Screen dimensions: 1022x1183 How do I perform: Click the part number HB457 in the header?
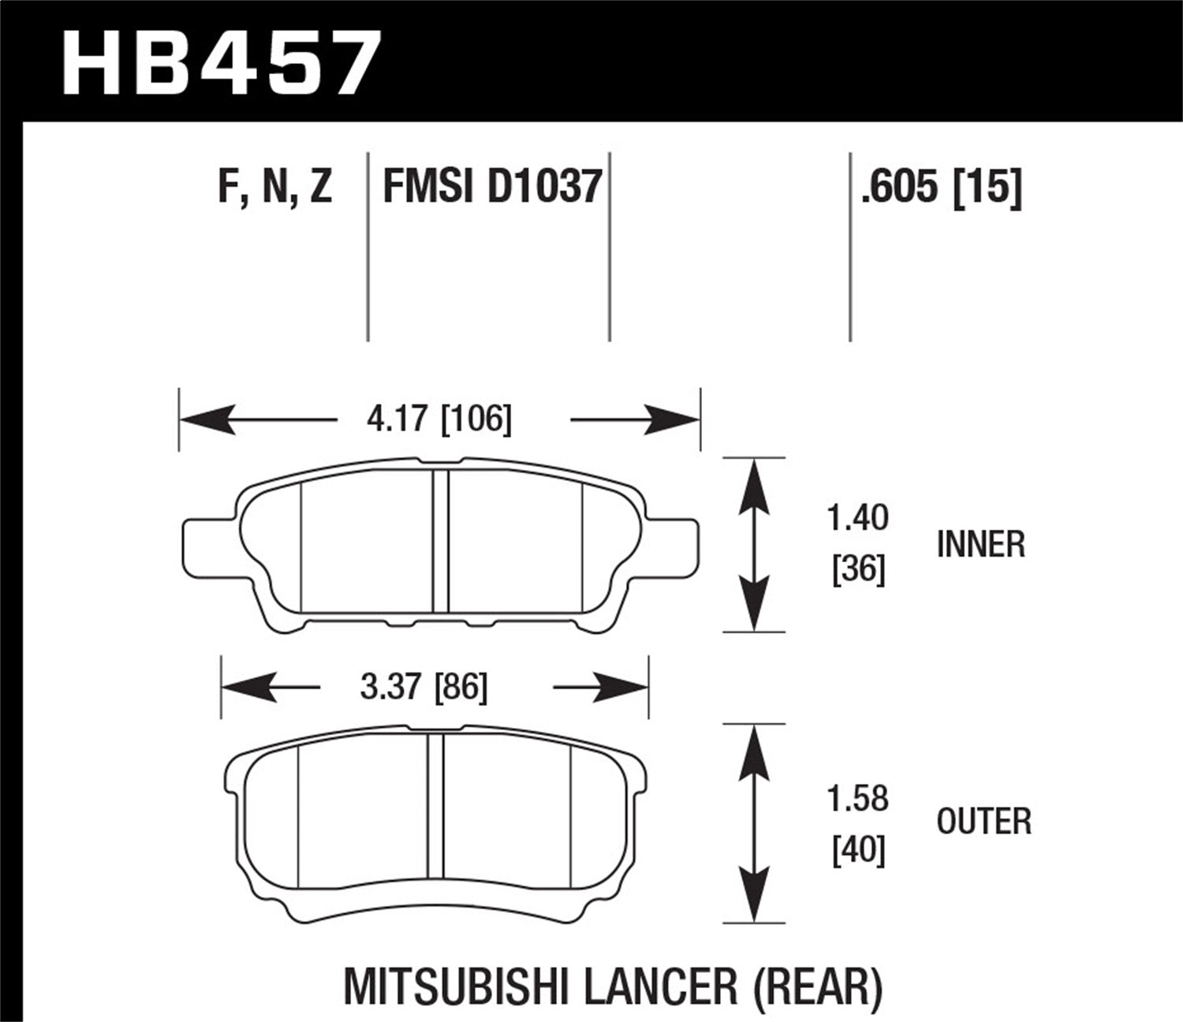(221, 62)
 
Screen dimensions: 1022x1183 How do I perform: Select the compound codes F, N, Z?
(274, 188)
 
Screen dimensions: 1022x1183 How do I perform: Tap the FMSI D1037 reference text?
(492, 188)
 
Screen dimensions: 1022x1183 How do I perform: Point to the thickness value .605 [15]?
(941, 188)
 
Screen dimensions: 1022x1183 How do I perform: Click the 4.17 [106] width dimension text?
(438, 419)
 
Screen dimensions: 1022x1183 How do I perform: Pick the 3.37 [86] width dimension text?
(424, 687)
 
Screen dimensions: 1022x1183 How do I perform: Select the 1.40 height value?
(857, 518)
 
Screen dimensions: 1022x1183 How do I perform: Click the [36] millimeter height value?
(859, 569)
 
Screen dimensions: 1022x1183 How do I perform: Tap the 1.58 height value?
(857, 798)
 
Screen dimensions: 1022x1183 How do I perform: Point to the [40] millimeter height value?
(859, 850)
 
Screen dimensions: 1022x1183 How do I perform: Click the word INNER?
(980, 545)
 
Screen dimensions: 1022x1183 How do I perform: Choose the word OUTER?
(983, 822)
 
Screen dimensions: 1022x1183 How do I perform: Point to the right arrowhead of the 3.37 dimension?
(623, 688)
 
